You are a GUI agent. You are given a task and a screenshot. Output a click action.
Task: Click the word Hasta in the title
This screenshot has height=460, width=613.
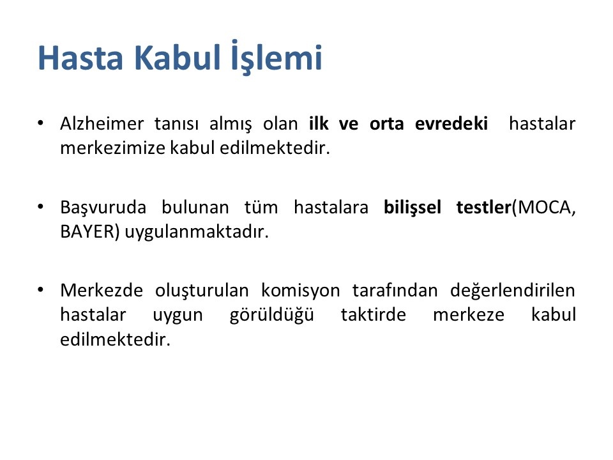(80, 58)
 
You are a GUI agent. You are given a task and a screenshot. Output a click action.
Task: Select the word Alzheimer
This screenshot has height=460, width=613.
(102, 123)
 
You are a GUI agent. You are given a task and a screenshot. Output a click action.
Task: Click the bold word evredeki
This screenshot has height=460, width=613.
(451, 123)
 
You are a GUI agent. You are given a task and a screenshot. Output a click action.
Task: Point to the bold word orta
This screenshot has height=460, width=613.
(387, 124)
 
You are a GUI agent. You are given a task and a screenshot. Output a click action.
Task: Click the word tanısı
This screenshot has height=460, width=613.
(176, 124)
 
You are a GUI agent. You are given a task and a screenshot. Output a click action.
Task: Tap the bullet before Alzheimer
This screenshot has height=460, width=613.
(40, 123)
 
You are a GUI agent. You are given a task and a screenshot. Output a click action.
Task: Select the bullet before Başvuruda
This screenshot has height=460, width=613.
(40, 206)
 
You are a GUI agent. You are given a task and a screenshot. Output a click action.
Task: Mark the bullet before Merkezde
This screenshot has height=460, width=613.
(40, 290)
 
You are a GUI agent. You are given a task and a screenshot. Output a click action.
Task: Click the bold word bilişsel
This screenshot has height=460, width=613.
(412, 208)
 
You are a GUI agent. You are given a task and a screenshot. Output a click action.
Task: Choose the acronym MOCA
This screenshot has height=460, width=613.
(544, 208)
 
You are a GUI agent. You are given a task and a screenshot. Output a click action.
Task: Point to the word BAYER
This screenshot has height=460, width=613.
(87, 232)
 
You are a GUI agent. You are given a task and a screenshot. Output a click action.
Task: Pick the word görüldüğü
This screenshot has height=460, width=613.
(272, 315)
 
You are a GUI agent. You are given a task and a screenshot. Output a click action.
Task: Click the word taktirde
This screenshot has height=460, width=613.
(374, 315)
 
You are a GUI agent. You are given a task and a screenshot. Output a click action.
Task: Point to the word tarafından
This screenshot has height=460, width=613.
(395, 291)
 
